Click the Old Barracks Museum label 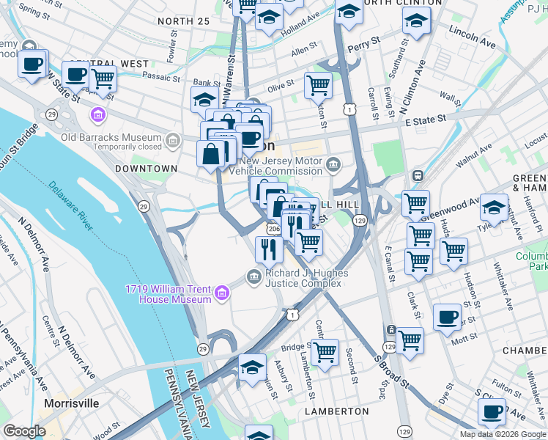tap(111, 138)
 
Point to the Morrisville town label tap(72, 403)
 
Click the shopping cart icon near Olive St tap(318, 85)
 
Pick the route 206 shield tap(273, 230)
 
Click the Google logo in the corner tap(24, 431)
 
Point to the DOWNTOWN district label tap(147, 169)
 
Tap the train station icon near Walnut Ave tap(418, 176)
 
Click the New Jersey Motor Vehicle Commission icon tap(335, 164)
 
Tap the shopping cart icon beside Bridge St tap(325, 351)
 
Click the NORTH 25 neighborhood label tap(183, 21)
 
